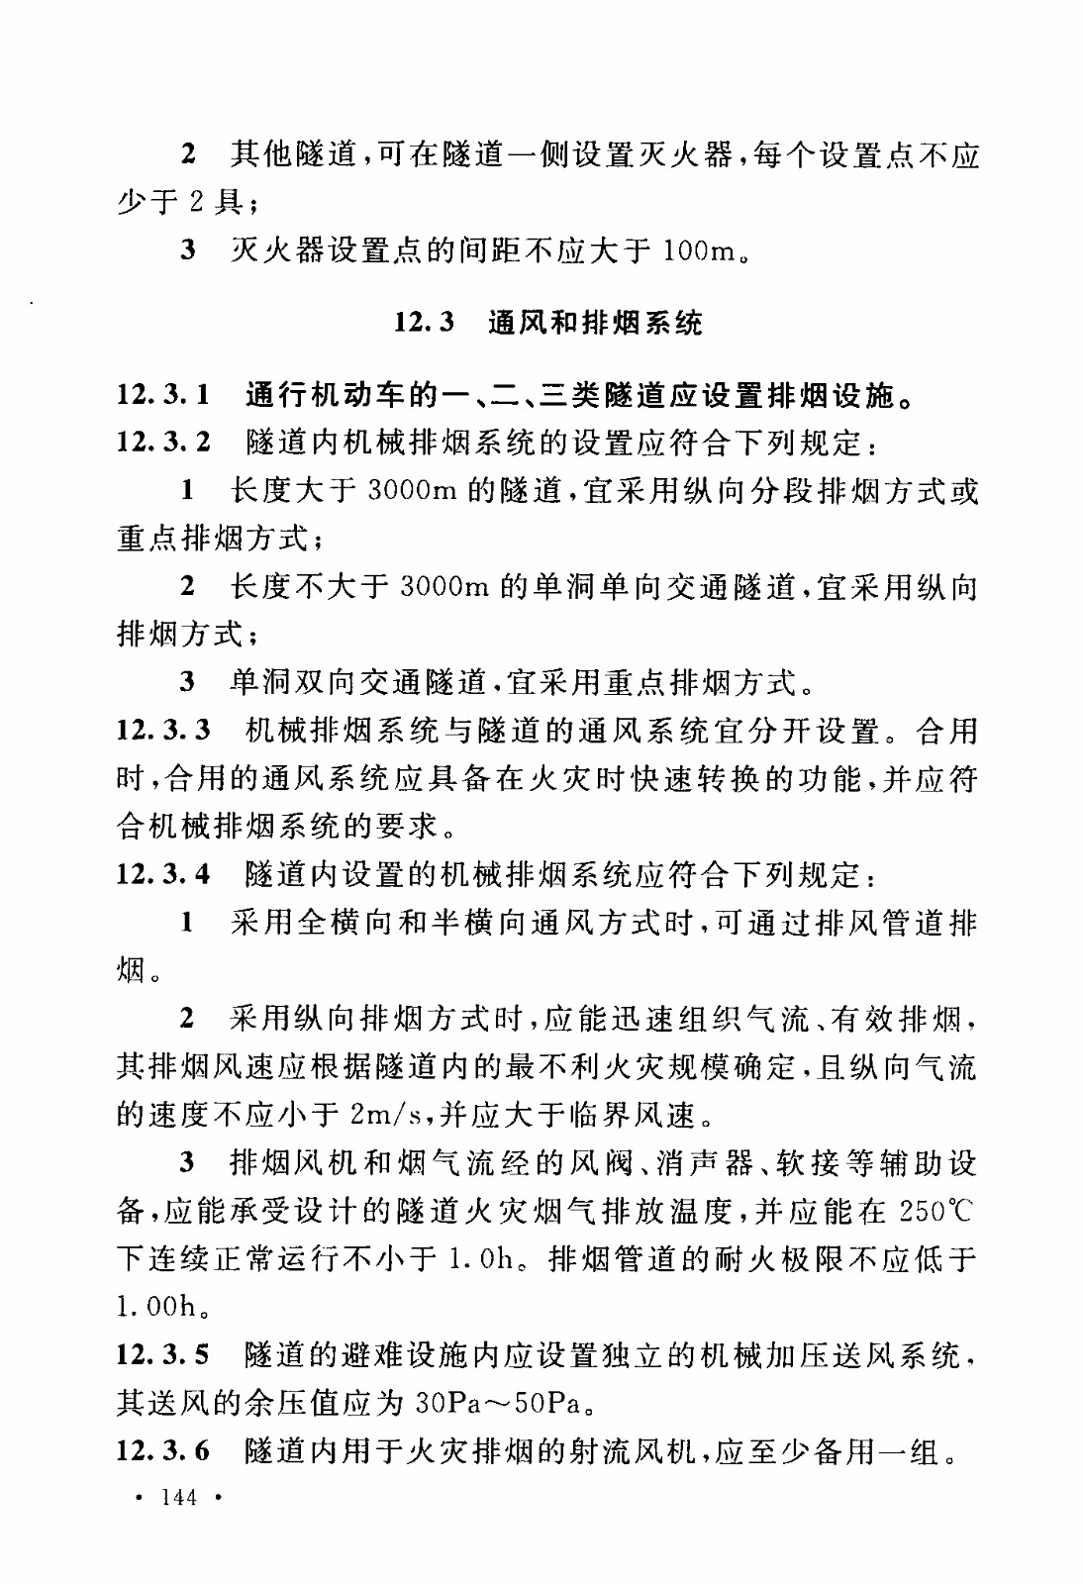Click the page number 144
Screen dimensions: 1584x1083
pyautogui.click(x=178, y=1497)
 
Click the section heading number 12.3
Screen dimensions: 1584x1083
pyautogui.click(x=424, y=322)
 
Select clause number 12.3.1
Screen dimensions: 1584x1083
pyautogui.click(x=163, y=395)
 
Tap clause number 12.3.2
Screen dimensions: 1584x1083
pyautogui.click(x=163, y=443)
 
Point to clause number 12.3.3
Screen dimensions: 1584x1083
pyautogui.click(x=163, y=731)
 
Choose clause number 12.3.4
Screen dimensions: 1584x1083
pyautogui.click(x=163, y=874)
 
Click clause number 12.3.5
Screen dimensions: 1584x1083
pyautogui.click(x=163, y=1354)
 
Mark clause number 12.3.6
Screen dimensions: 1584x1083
pyautogui.click(x=163, y=1450)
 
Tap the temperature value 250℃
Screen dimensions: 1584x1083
pyautogui.click(x=935, y=1211)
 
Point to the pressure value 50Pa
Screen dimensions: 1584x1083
pyautogui.click(x=542, y=1403)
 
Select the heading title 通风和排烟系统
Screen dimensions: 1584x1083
pyautogui.click(x=595, y=322)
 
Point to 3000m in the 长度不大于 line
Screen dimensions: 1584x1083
pyautogui.click(x=444, y=587)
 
